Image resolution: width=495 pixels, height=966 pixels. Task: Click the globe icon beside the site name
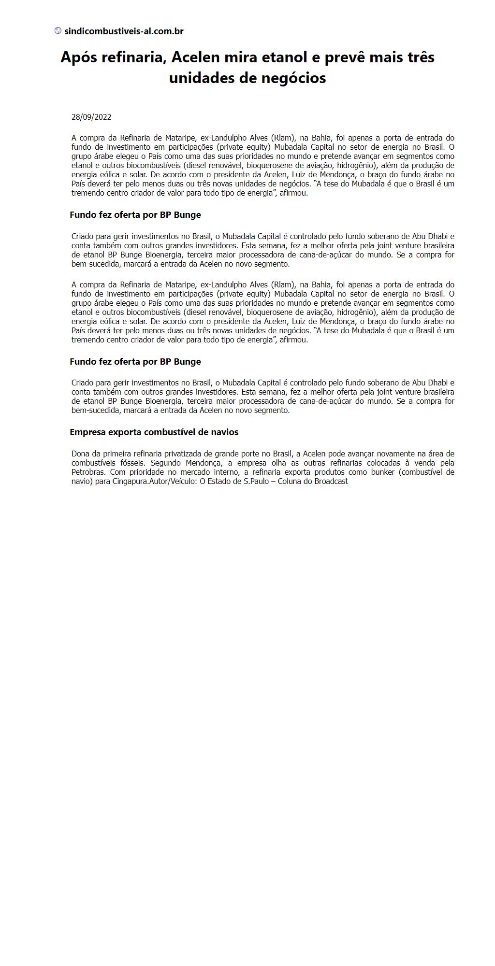coord(58,31)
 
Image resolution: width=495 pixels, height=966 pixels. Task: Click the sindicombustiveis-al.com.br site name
coord(124,31)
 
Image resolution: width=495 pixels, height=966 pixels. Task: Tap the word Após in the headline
coord(78,57)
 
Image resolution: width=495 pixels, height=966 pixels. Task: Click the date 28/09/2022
coord(91,117)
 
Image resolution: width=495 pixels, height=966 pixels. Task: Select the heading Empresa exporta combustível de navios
coord(154,432)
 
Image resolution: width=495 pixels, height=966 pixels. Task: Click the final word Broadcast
coord(331,482)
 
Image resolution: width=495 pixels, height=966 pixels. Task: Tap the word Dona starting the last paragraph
coord(80,454)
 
